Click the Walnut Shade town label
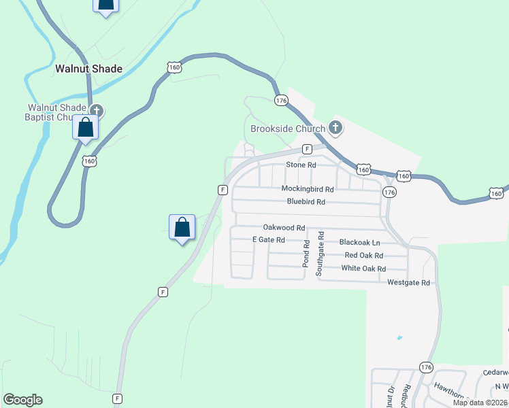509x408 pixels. pyautogui.click(x=88, y=69)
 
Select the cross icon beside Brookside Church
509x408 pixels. pyautogui.click(x=335, y=126)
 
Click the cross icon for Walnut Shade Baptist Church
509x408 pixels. pyautogui.click(x=97, y=110)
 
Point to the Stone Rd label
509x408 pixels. pyautogui.click(x=301, y=165)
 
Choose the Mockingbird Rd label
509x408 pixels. pyautogui.click(x=308, y=189)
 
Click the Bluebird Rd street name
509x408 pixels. pyautogui.click(x=306, y=202)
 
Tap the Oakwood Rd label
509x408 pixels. pyautogui.click(x=284, y=228)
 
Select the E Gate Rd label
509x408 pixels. pyautogui.click(x=268, y=240)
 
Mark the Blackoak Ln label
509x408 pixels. pyautogui.click(x=359, y=242)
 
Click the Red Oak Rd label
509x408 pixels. pyautogui.click(x=364, y=256)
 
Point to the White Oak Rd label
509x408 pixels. pyautogui.click(x=363, y=269)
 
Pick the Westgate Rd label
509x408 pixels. pyautogui.click(x=408, y=282)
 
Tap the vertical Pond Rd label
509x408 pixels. pyautogui.click(x=306, y=252)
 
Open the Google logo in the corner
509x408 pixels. pyautogui.click(x=22, y=400)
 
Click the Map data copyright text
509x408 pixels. pyautogui.click(x=480, y=403)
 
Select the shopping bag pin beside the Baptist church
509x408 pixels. pyautogui.click(x=86, y=128)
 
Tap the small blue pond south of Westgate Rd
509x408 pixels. pyautogui.click(x=399, y=338)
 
